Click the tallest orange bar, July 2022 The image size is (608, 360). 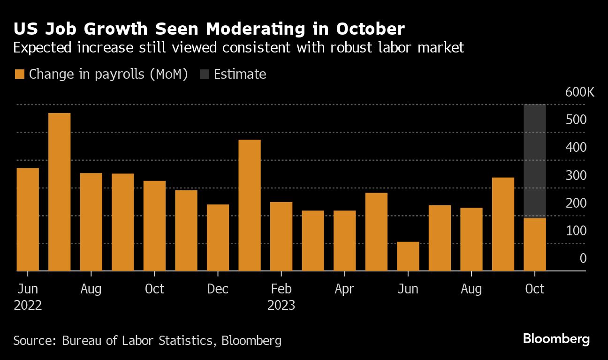click(60, 192)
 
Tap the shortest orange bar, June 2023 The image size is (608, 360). click(408, 256)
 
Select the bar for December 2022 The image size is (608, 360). click(218, 238)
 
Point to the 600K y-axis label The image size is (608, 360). click(580, 92)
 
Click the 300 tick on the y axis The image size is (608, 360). click(576, 175)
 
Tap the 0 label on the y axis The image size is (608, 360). click(583, 258)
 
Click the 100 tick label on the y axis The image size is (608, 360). click(576, 231)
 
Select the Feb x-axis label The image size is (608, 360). click(281, 289)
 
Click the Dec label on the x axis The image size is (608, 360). click(218, 289)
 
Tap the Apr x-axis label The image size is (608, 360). click(344, 289)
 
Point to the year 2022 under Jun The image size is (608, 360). click(28, 306)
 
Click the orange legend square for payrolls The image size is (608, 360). click(20, 74)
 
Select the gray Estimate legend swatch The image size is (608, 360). click(205, 74)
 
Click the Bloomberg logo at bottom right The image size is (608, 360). click(556, 339)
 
